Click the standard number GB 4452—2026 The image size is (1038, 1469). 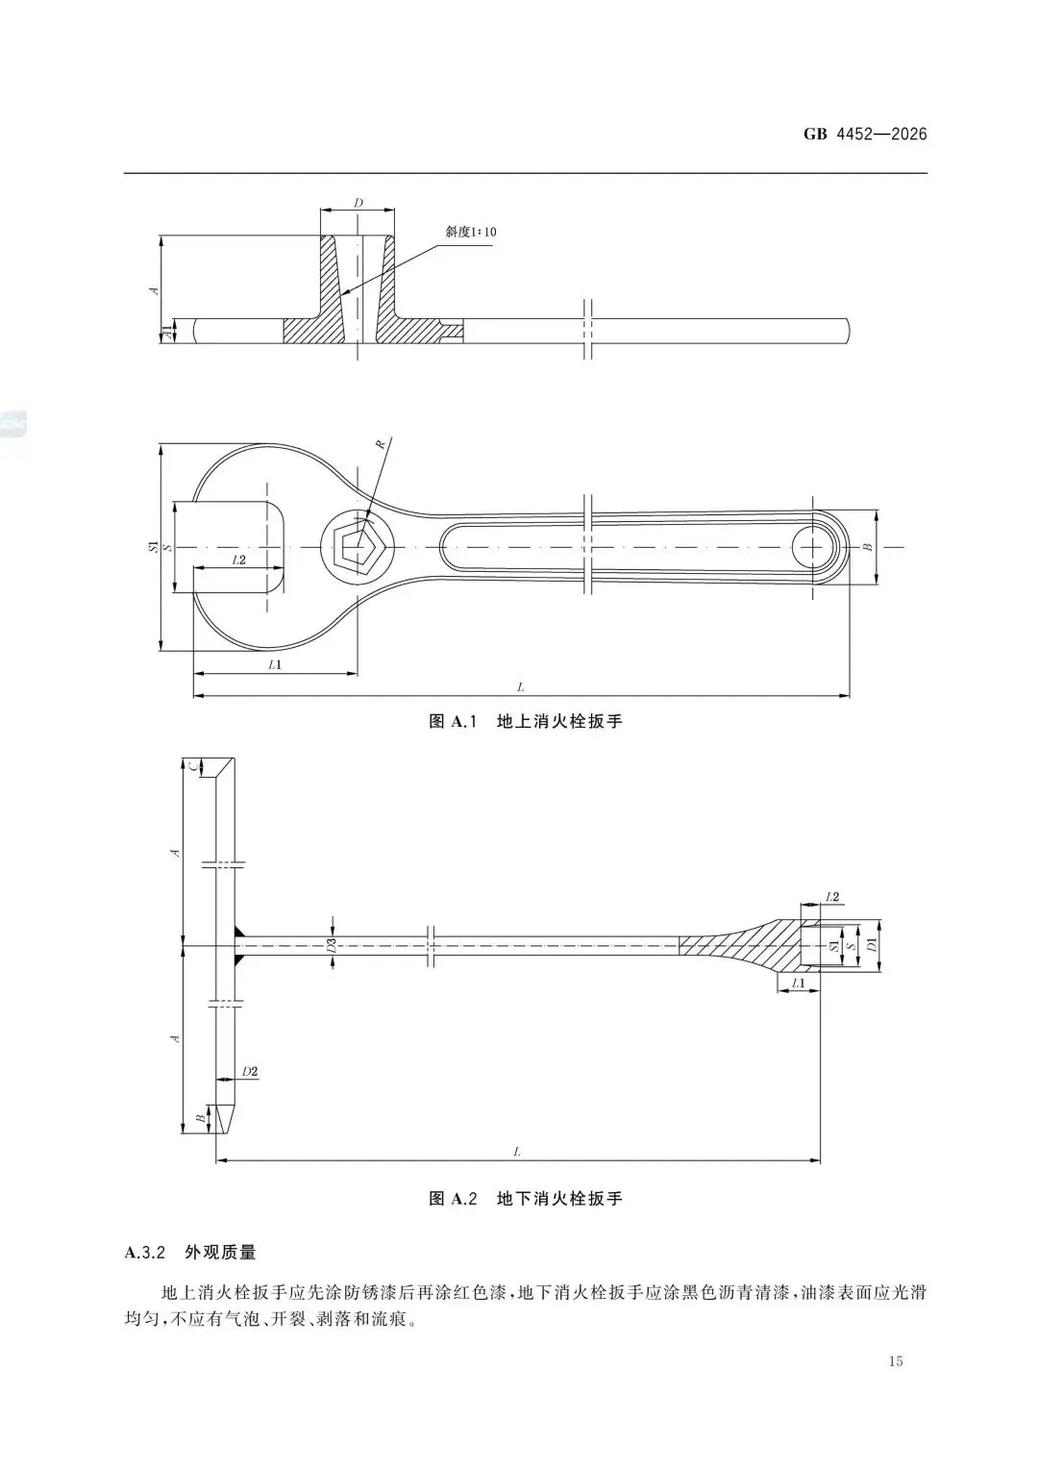tap(865, 134)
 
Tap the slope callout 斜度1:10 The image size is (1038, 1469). tap(471, 232)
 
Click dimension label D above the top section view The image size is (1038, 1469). tap(358, 203)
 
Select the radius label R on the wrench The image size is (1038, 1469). tap(381, 444)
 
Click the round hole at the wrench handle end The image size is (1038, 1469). tap(814, 547)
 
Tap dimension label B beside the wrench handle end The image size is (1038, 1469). tap(867, 547)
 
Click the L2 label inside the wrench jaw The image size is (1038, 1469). tap(239, 559)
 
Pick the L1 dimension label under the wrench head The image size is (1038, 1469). tap(275, 664)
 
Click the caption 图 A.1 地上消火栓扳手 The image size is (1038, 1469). tap(525, 721)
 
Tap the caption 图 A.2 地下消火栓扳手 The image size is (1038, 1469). tap(525, 1199)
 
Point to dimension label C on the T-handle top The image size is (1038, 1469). tap(193, 766)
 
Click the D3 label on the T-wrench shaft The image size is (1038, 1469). tap(332, 946)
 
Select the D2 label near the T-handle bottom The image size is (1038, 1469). tap(250, 1071)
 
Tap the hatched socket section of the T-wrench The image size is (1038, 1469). tap(759, 946)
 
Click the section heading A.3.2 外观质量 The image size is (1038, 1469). tap(190, 1253)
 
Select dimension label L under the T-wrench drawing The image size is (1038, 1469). tap(517, 1152)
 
